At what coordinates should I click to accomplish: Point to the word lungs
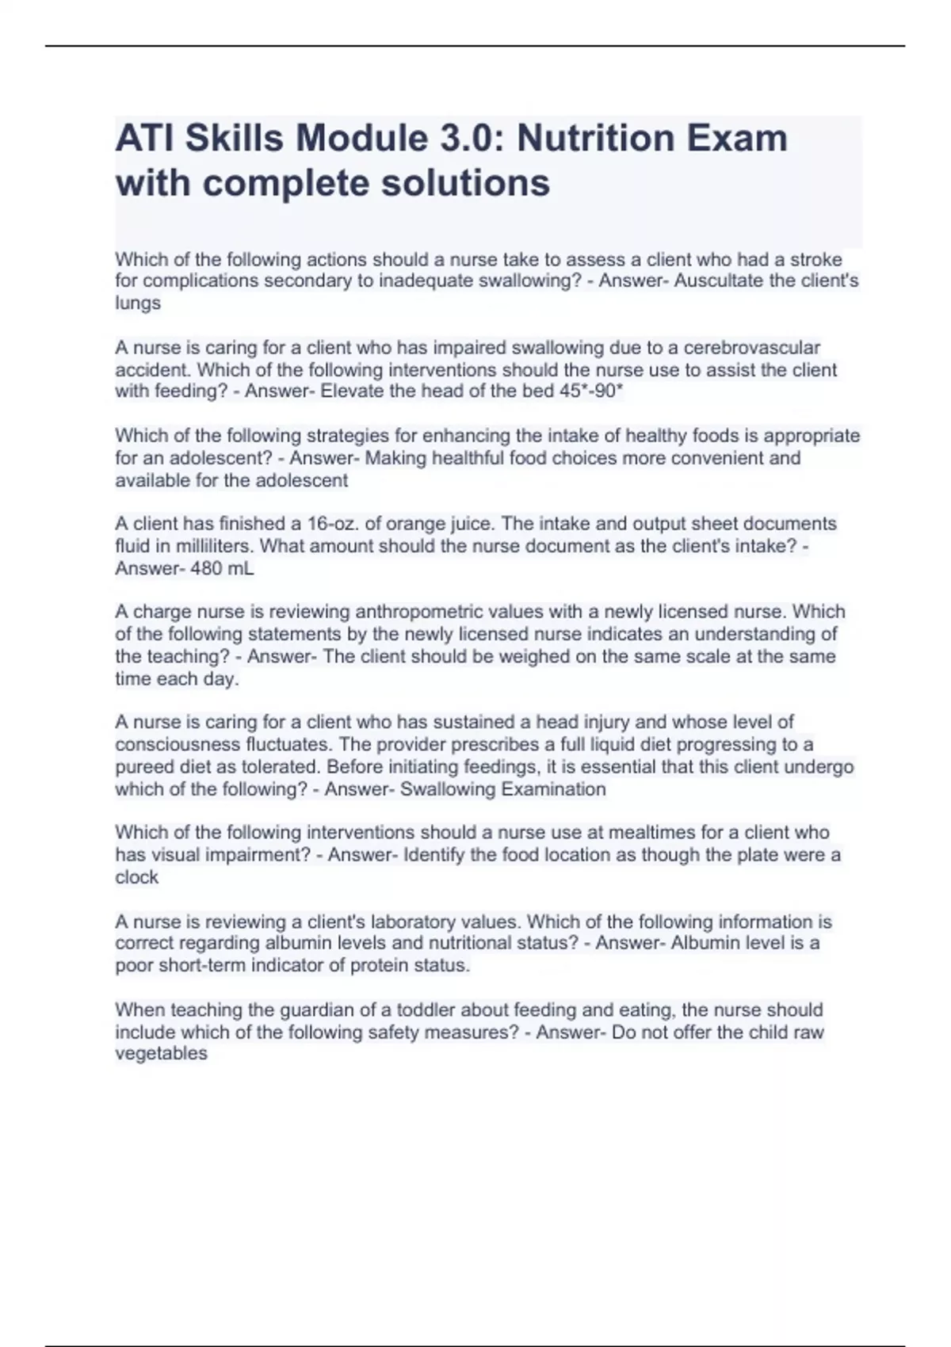coord(138,303)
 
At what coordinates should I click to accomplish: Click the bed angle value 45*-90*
coord(591,391)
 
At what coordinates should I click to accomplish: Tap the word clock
coord(136,877)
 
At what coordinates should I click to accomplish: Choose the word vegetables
coord(161,1054)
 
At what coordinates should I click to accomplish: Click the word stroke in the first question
coord(815,260)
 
